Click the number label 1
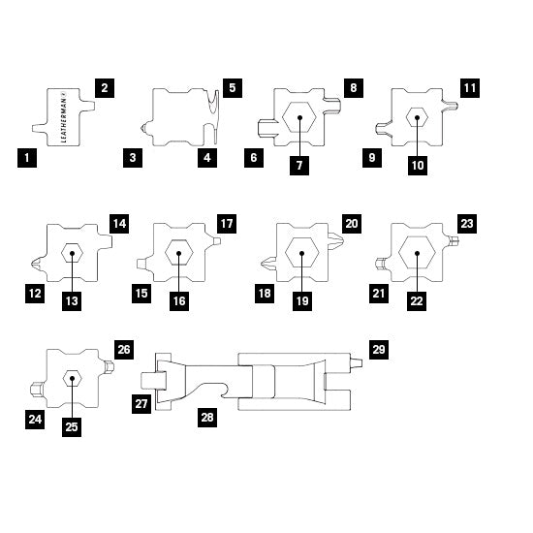tap(27, 158)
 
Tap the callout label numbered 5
tap(233, 88)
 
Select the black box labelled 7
tap(299, 166)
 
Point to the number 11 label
tap(470, 88)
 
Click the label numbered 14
tap(119, 224)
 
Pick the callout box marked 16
tap(179, 301)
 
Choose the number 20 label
tap(352, 224)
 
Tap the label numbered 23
tap(467, 224)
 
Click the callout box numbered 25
tap(72, 427)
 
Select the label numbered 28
tap(207, 418)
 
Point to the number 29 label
tap(379, 350)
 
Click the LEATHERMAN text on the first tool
tap(64, 116)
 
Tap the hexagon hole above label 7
tap(299, 117)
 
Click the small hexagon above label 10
tap(417, 117)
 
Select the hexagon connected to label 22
tap(417, 253)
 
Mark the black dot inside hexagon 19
tap(301, 253)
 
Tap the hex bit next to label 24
tap(36, 390)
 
